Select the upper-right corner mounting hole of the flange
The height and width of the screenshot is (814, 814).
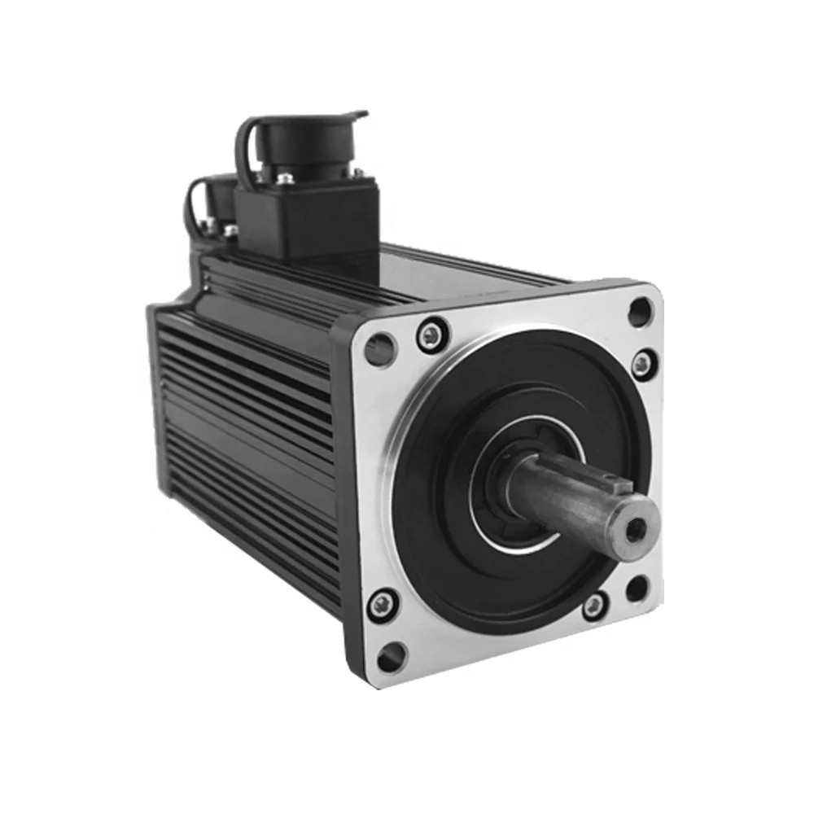[x=640, y=309]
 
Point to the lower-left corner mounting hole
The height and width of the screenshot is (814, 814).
[x=392, y=654]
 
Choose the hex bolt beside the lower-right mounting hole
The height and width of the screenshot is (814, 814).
[x=596, y=606]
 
